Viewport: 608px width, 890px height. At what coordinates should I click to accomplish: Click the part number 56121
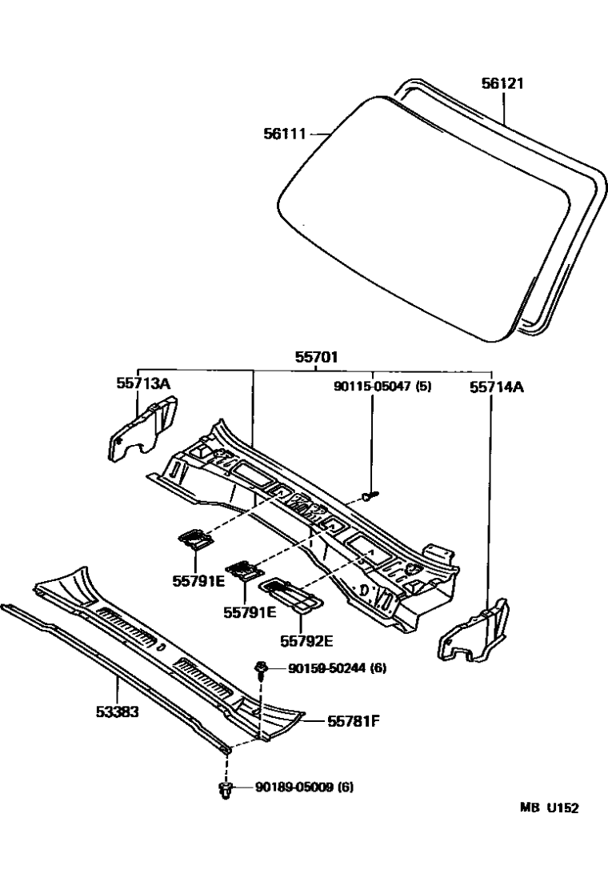502,83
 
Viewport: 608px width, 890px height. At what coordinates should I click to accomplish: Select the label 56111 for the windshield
286,134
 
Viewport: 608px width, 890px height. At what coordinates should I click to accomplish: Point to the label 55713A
143,384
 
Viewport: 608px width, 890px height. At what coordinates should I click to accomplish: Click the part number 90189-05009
292,788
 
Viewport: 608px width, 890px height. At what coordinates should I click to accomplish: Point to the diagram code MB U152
550,808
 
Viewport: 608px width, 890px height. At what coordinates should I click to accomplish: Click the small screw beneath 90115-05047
369,496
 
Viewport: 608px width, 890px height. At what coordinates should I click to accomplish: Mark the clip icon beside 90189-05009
226,790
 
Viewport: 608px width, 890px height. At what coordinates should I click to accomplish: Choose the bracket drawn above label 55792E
292,594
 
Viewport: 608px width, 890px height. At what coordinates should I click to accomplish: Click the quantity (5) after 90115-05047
424,387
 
